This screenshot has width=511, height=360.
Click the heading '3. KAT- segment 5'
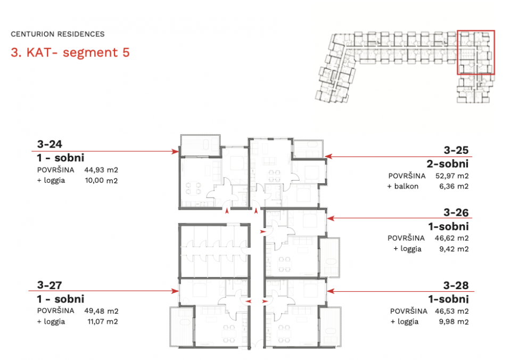point(70,53)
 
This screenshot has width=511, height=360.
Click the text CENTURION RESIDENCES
point(57,34)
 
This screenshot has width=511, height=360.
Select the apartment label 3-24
point(50,144)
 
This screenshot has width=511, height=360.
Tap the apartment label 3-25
point(456,150)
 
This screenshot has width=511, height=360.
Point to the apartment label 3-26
point(456,212)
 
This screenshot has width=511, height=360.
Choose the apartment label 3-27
point(50,285)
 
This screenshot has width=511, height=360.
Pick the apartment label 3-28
point(456,285)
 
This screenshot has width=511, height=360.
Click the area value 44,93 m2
point(101,170)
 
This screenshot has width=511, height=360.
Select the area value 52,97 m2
point(452,176)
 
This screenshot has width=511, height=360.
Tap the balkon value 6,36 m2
point(454,186)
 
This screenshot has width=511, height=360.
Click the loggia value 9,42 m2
point(454,249)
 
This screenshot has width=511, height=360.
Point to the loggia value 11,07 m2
point(103,322)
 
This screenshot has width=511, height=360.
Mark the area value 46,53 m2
point(452,311)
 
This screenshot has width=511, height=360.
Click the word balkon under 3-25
point(406,186)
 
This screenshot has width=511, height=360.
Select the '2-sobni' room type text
point(448,163)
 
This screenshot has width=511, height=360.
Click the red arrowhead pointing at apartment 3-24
point(175,151)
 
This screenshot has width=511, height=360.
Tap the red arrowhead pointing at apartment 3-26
point(331,218)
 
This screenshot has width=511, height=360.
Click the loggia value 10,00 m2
point(101,181)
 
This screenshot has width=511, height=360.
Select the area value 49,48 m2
point(101,311)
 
